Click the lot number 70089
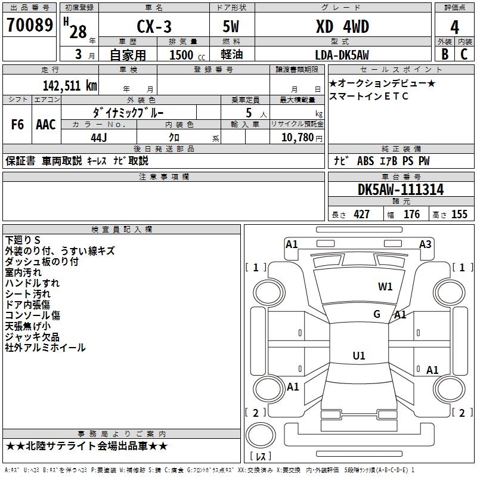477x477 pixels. [x=29, y=26]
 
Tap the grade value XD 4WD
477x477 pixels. [x=342, y=27]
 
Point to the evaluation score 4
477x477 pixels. [x=454, y=27]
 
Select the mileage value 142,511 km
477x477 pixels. [x=69, y=85]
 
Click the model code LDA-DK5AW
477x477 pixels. [x=342, y=55]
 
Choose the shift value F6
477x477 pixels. [x=17, y=125]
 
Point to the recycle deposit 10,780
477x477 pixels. [x=296, y=137]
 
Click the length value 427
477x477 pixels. [x=361, y=215]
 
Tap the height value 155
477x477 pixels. [x=459, y=215]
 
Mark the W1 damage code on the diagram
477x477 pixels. [x=385, y=286]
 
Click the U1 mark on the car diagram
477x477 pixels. [x=358, y=356]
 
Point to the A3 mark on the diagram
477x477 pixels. [x=425, y=244]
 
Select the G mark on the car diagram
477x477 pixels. [x=377, y=314]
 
